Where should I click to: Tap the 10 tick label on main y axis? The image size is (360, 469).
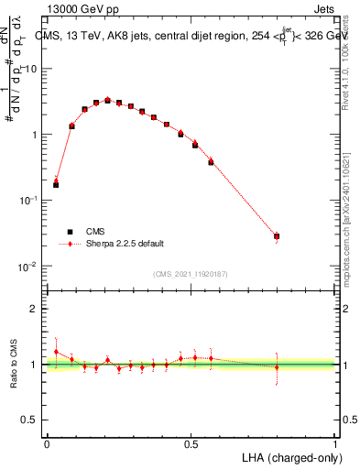click(31, 69)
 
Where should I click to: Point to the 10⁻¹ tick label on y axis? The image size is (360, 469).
click(29, 200)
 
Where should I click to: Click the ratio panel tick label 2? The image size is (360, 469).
click(35, 309)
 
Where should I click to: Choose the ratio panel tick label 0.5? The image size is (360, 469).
click(31, 420)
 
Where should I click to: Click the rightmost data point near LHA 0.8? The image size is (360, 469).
click(277, 236)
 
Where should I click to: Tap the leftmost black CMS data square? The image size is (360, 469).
click(56, 185)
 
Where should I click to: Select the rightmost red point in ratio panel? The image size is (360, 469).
click(277, 367)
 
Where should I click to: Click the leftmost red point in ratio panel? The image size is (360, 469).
click(56, 352)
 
